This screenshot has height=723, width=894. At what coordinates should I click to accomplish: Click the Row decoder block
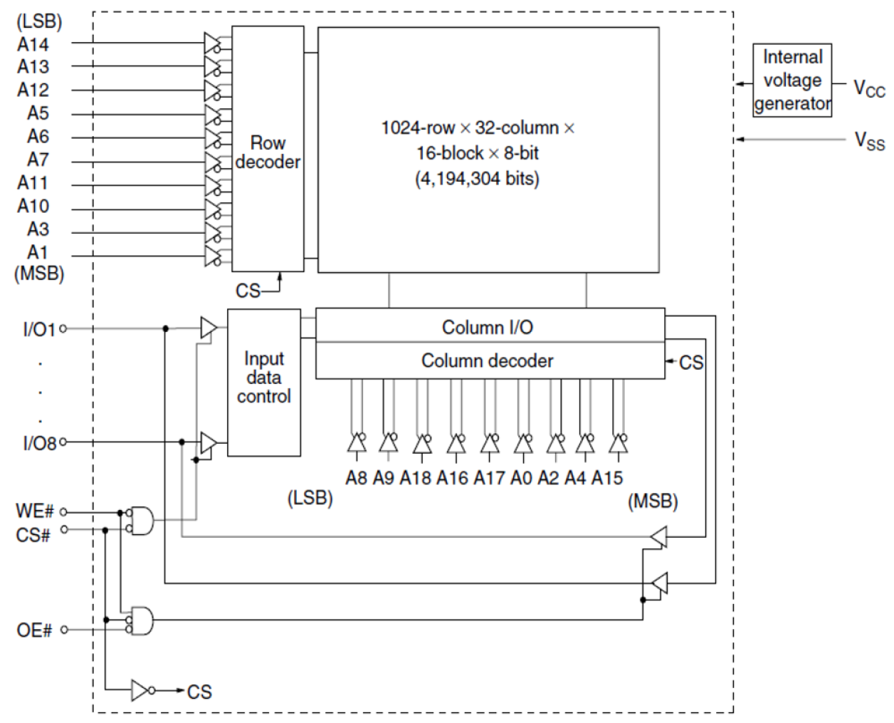click(x=268, y=150)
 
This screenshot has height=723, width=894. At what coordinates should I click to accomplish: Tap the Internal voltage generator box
click(x=792, y=80)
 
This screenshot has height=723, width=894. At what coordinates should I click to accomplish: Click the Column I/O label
click(x=487, y=327)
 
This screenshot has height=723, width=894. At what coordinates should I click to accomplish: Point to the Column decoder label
click(x=487, y=361)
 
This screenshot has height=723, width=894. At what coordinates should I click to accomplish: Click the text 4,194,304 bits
click(x=477, y=178)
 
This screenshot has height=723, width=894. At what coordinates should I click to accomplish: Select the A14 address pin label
click(x=33, y=44)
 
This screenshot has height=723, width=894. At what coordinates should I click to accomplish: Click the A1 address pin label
click(x=37, y=252)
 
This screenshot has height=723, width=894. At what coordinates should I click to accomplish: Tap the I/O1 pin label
click(x=38, y=329)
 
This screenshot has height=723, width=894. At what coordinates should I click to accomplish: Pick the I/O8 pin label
click(x=38, y=443)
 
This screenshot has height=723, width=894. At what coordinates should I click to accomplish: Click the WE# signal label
click(x=34, y=511)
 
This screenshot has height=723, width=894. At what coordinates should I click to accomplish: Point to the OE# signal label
click(x=34, y=630)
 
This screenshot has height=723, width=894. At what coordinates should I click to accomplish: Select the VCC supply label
click(x=869, y=89)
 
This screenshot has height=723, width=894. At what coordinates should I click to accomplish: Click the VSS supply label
click(x=869, y=140)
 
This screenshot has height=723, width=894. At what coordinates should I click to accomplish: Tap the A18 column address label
click(x=415, y=478)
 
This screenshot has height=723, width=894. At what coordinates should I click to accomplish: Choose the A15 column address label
click(x=606, y=478)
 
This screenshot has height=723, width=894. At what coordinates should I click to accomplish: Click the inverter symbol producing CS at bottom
click(x=142, y=690)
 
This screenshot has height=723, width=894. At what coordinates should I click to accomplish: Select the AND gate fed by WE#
click(x=141, y=521)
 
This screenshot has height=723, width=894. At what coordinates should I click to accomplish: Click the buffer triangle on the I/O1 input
click(x=208, y=328)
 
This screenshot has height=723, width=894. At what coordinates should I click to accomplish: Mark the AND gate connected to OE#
click(x=141, y=620)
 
